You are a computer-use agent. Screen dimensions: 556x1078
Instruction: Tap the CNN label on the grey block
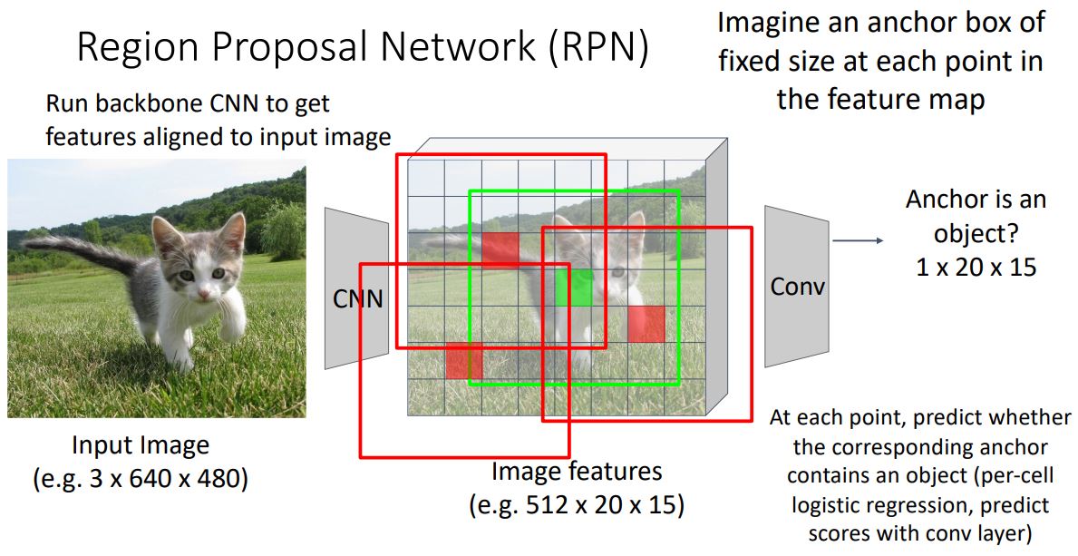click(357, 298)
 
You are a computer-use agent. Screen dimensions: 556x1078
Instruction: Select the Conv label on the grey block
click(797, 287)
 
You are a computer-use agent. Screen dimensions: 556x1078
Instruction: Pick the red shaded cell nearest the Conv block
click(646, 324)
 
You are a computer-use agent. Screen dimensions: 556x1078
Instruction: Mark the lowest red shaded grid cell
click(463, 361)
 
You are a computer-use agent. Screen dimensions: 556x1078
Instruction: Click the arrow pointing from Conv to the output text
click(857, 240)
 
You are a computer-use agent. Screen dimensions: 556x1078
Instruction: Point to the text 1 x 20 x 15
click(976, 268)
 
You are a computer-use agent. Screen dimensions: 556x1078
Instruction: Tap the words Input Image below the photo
click(141, 445)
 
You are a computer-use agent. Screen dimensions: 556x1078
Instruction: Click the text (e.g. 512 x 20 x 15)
click(576, 504)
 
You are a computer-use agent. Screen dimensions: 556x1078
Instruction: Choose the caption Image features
click(577, 472)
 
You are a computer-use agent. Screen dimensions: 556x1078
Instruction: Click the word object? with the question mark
click(975, 234)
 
